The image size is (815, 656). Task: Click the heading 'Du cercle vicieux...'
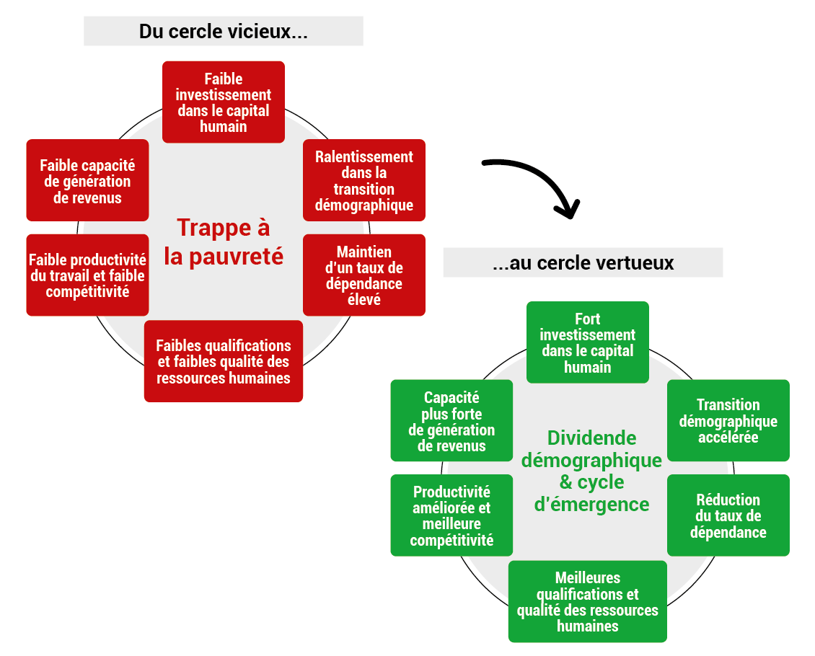(x=224, y=31)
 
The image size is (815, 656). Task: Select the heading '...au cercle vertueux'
(x=583, y=263)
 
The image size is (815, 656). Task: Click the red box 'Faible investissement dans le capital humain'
(x=224, y=102)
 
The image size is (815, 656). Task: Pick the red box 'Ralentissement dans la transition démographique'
(x=364, y=180)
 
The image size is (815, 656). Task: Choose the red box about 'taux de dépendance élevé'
(x=364, y=275)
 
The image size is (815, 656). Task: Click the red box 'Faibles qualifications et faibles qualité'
(x=224, y=361)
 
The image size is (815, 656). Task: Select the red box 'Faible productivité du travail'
(x=87, y=275)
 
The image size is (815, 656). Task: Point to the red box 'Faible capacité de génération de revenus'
(x=87, y=180)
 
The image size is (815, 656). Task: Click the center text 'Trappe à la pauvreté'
(x=224, y=242)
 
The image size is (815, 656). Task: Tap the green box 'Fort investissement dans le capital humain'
(x=588, y=342)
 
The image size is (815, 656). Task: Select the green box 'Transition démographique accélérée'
(x=728, y=420)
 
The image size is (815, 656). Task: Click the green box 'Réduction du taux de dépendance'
(x=728, y=515)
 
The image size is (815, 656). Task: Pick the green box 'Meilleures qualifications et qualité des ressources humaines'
(x=588, y=601)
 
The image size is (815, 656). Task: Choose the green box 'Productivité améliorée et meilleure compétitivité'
(x=451, y=515)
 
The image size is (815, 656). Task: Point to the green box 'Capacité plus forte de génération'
(x=451, y=420)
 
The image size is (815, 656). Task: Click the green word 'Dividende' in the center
(x=591, y=438)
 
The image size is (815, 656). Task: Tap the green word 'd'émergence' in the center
(x=591, y=505)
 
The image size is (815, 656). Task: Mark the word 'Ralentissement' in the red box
(x=364, y=157)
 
